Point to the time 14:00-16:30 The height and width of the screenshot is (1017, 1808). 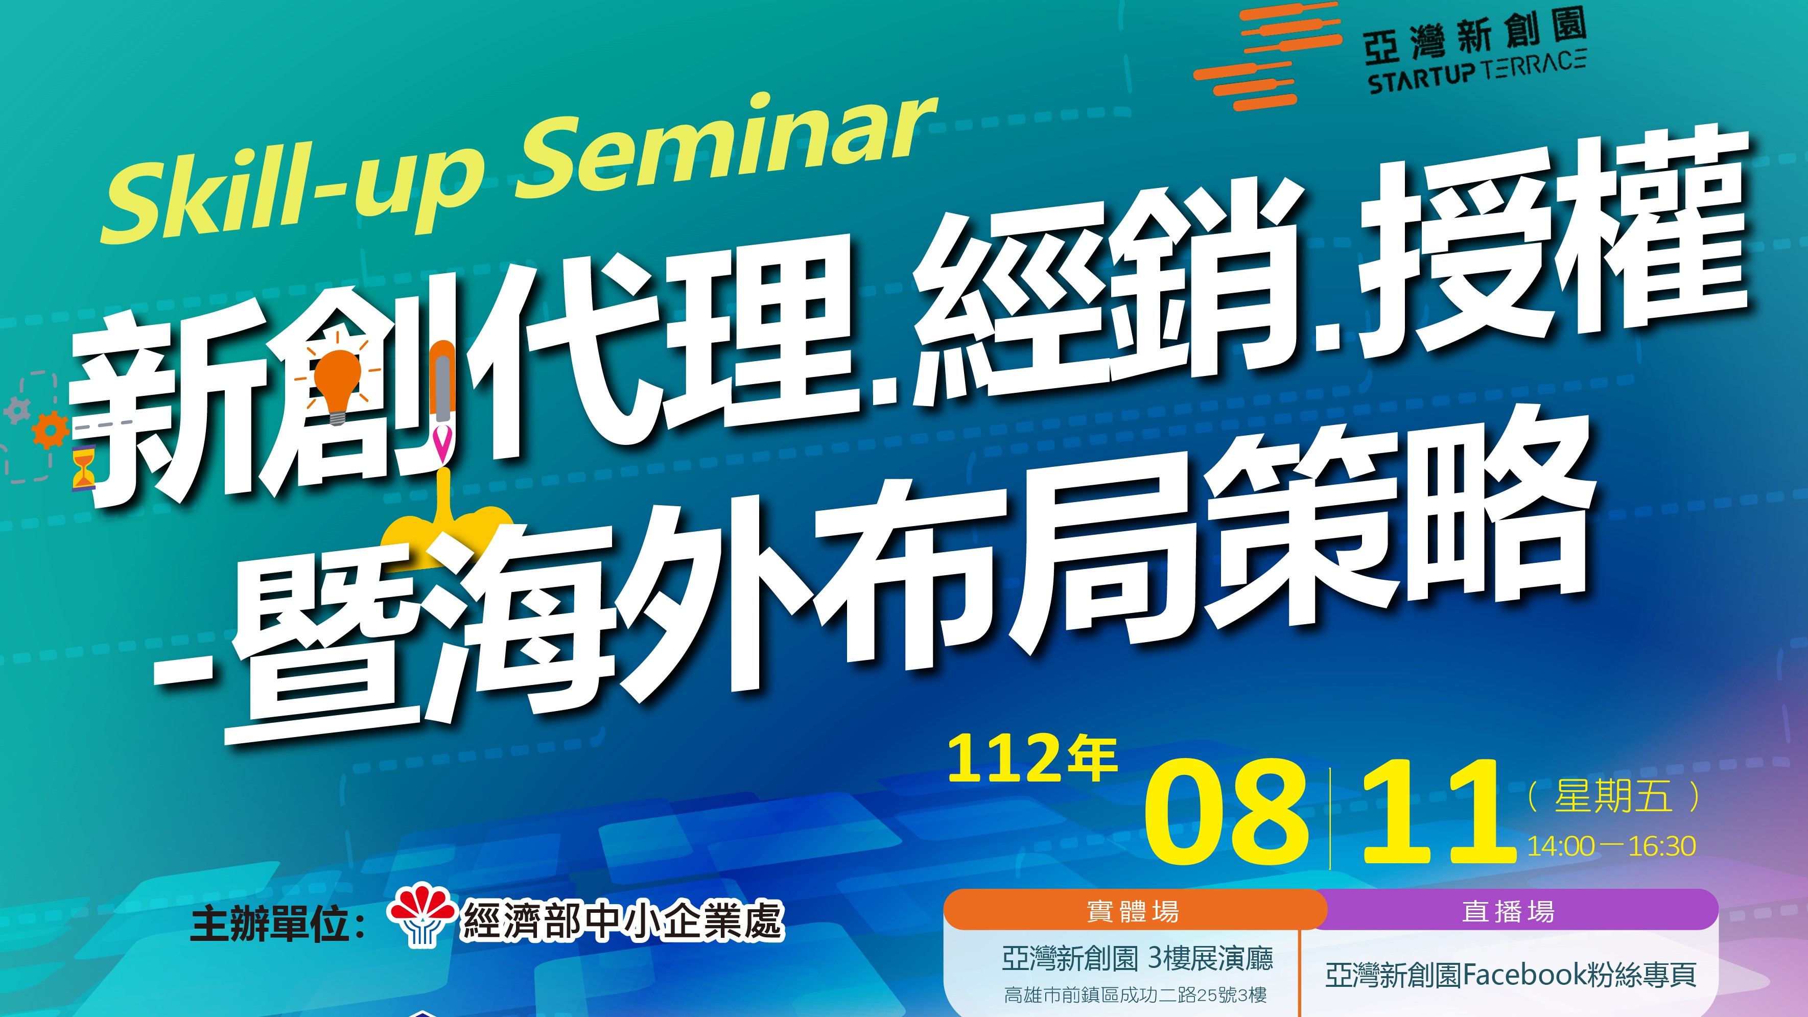coord(1611,846)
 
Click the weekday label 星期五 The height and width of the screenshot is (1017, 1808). coord(1613,797)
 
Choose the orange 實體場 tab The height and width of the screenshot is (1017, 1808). coord(1134,911)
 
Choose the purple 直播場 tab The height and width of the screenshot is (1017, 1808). coord(1509,911)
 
